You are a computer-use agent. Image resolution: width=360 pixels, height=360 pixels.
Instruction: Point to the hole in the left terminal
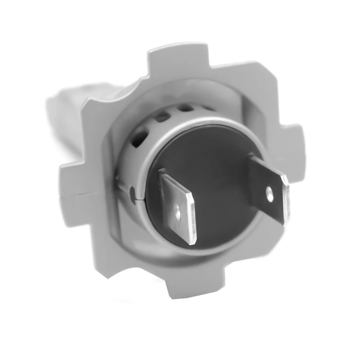(179, 210)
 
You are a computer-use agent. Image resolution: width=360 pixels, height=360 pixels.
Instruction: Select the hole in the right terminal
(270, 192)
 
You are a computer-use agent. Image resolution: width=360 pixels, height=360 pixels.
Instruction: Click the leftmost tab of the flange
(72, 178)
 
